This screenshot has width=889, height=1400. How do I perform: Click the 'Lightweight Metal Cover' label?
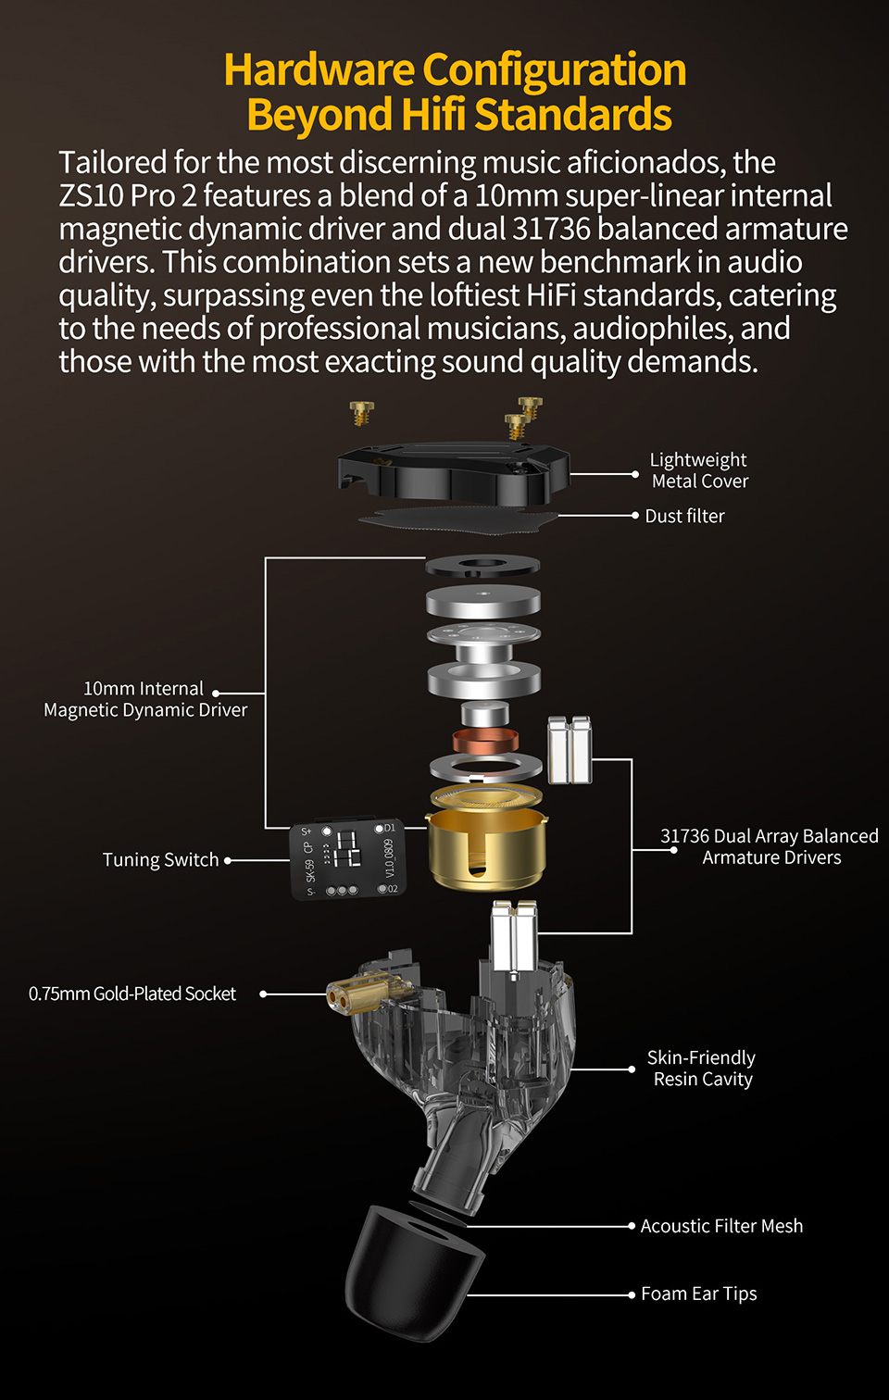click(699, 470)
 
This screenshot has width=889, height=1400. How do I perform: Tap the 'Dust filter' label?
click(684, 516)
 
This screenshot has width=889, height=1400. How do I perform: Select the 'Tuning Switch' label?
click(161, 860)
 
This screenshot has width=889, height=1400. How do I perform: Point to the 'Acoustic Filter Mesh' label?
click(721, 1226)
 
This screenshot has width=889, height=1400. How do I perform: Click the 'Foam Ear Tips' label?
click(699, 1294)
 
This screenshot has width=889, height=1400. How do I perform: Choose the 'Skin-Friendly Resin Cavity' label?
click(701, 1069)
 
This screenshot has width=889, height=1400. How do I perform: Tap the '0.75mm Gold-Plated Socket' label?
click(132, 994)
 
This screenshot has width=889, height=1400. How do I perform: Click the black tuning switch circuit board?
click(348, 858)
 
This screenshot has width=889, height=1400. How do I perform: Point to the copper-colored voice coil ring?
click(486, 741)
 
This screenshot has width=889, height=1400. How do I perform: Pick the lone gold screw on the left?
click(361, 413)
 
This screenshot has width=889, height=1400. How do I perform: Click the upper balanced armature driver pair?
click(570, 750)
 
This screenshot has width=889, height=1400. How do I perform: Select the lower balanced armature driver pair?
click(514, 937)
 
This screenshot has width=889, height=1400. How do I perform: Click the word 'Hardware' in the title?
click(319, 69)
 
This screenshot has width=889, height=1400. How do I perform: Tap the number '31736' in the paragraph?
click(551, 229)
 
